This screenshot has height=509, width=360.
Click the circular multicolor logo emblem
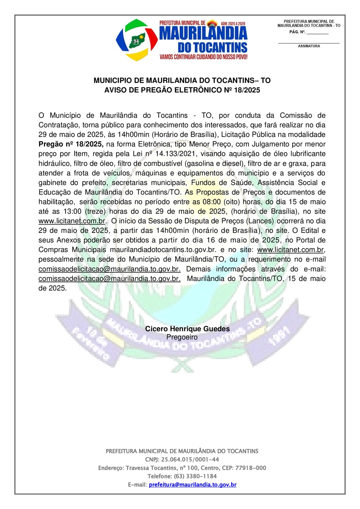point(136,40)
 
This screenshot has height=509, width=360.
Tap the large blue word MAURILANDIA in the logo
point(203,33)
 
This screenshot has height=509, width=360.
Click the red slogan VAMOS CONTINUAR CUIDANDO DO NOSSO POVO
point(203,57)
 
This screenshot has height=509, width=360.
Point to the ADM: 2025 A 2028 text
point(233,23)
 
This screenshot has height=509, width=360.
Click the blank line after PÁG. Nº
point(318,33)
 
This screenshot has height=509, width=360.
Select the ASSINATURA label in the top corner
point(309,46)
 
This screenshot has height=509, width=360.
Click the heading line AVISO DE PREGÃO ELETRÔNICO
point(182,90)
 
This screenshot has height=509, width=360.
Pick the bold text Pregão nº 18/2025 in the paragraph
point(71,144)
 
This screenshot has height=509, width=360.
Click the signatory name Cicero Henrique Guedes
point(187,329)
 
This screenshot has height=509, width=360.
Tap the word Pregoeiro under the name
point(182,337)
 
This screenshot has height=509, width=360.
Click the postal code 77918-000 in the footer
point(251,468)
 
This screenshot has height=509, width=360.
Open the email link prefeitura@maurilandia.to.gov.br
point(193,485)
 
